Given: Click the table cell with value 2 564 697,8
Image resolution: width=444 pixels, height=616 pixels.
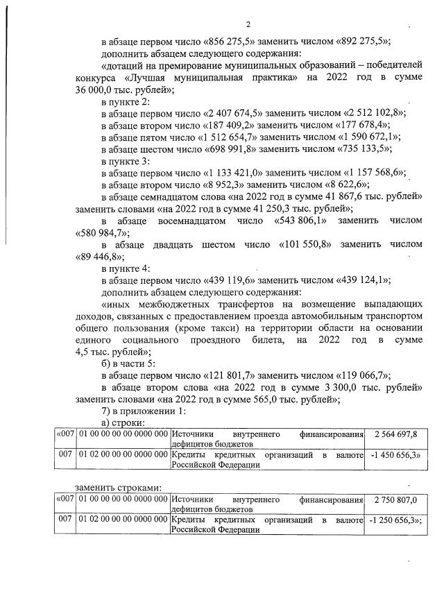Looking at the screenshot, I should tap(394, 434).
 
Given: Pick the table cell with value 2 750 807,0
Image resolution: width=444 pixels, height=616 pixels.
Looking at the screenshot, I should tap(394, 499).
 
